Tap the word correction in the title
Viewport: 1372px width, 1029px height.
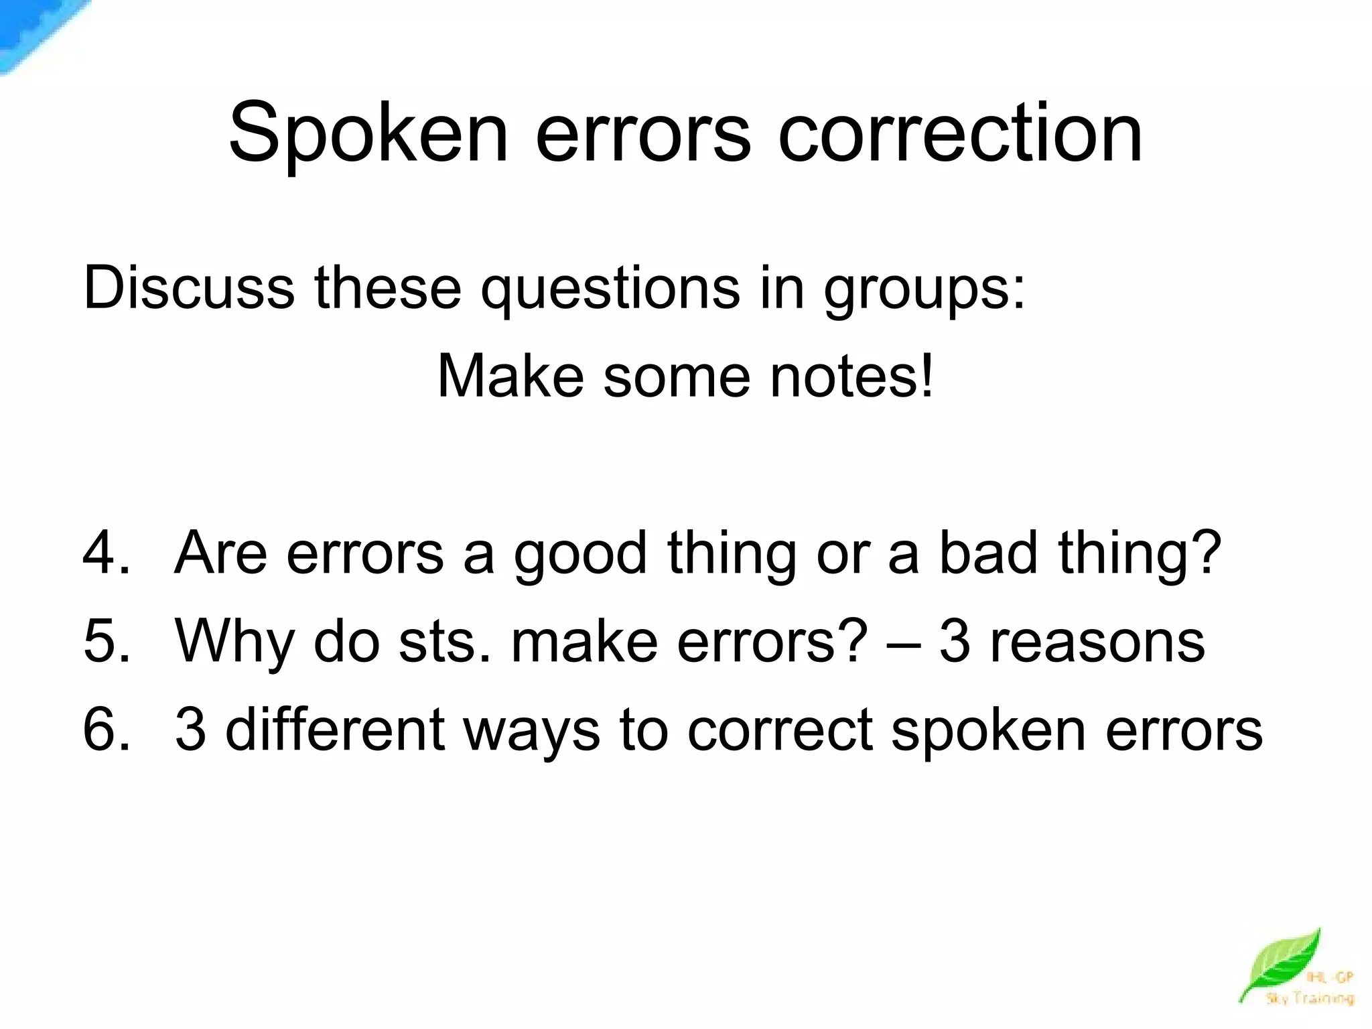(x=959, y=134)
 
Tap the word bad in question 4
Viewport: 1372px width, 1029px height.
(x=988, y=553)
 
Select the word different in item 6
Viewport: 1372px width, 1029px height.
(x=335, y=730)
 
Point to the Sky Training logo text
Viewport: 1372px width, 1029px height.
(x=1309, y=999)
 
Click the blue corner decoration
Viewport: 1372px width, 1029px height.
(x=33, y=30)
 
